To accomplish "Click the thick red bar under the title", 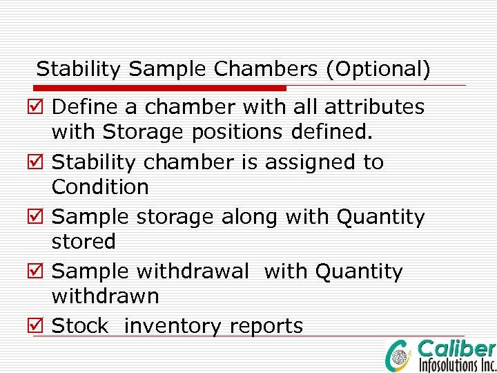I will click(160, 88).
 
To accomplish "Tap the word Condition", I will click(100, 186).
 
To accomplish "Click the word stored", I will click(84, 242).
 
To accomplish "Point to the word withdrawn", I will click(105, 296).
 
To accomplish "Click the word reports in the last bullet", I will click(266, 326).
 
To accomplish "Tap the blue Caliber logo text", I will click(456, 349).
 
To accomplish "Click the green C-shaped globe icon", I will click(400, 354).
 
